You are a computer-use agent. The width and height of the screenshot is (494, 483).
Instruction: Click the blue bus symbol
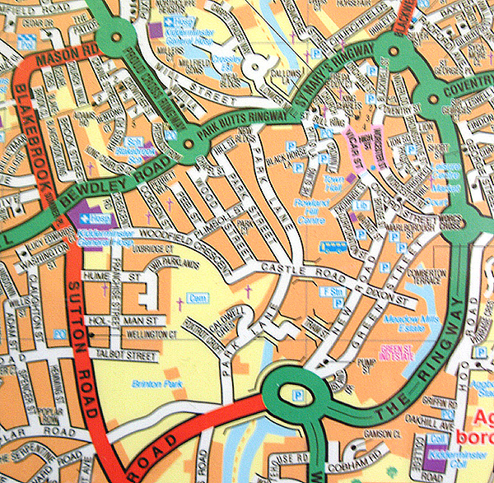(333, 245)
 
